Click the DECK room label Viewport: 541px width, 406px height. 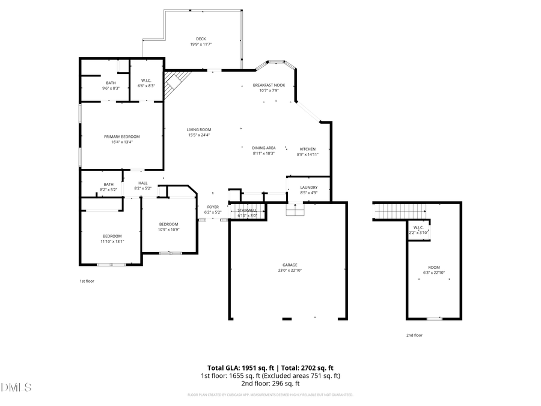(201, 39)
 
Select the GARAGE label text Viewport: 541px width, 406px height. (290, 265)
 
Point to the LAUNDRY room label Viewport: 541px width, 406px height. (308, 187)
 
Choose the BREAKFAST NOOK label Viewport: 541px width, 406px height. (269, 85)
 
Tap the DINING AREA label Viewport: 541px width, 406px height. (264, 148)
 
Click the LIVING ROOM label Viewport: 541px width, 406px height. (199, 129)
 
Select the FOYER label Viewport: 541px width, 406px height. (213, 207)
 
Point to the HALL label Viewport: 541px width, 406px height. (142, 183)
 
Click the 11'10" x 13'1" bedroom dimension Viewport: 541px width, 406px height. (112, 242)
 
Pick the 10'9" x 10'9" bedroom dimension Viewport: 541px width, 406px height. (169, 229)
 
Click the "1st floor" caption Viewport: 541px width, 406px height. (87, 281)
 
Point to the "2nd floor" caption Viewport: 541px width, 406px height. (414, 335)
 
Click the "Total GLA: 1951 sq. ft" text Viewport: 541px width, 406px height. (237, 368)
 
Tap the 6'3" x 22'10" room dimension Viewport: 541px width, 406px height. (433, 273)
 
